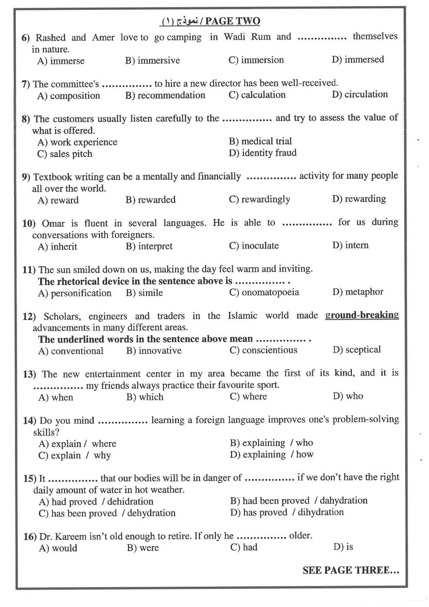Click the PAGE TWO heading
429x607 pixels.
(232, 21)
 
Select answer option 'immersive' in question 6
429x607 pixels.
(158, 61)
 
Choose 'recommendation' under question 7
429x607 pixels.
(171, 95)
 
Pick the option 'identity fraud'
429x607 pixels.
(269, 153)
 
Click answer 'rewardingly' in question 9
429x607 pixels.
(265, 199)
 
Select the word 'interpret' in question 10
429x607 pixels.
(155, 246)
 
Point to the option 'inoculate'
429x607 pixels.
(260, 246)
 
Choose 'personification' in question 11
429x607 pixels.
(81, 293)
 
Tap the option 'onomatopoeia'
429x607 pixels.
(270, 292)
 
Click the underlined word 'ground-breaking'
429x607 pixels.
(362, 315)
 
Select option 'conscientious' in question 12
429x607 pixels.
(269, 350)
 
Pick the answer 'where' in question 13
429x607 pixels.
(254, 396)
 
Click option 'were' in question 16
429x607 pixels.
(149, 548)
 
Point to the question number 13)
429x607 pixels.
(29, 374)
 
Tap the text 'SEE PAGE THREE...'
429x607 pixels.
(350, 570)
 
